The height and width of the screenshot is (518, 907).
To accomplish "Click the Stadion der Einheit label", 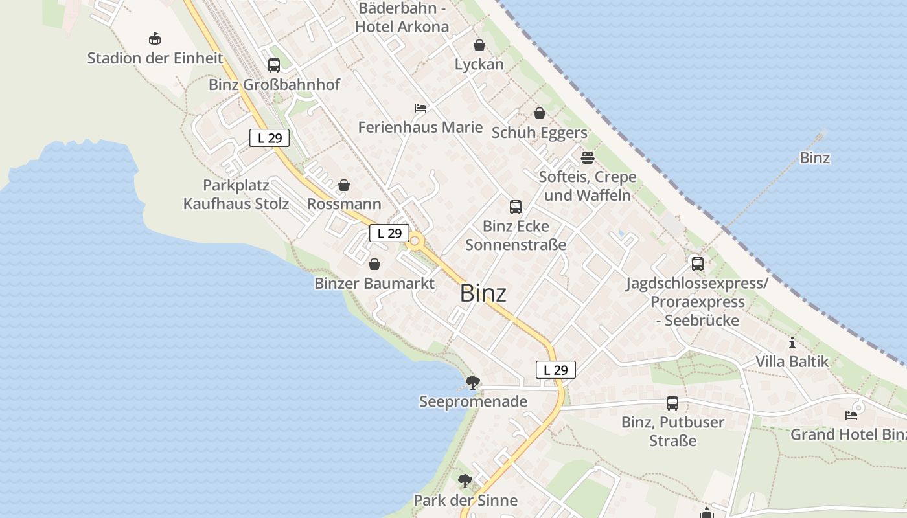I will tap(155, 58).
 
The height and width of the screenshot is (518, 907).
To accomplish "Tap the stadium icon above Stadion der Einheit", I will tap(155, 39).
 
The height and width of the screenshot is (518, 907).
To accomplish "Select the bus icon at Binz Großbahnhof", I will tap(274, 65).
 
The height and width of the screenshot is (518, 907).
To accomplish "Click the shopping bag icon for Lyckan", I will tap(479, 45).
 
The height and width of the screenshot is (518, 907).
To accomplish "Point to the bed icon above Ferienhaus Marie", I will tap(420, 107).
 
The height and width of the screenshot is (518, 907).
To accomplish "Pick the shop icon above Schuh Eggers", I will tap(540, 114).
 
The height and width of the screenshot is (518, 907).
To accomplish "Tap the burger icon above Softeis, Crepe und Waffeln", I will tap(588, 158).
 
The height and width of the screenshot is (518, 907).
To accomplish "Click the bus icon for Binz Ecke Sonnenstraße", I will tap(516, 207).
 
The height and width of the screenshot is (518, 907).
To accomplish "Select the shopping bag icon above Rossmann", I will tap(344, 185).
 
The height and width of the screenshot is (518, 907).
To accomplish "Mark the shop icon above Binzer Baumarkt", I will tap(374, 264).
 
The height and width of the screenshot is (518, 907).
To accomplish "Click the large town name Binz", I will tap(483, 293).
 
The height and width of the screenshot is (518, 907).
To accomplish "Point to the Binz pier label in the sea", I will tap(815, 158).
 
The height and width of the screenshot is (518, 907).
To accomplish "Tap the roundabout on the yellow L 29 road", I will tap(415, 241).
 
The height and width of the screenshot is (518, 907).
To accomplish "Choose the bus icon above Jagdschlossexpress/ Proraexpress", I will tap(698, 264).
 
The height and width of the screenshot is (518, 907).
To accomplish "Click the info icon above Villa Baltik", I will tap(792, 343).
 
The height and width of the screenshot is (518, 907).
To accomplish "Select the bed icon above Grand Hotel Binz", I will tap(851, 415).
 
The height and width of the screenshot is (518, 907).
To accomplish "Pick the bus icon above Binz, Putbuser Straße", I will tap(672, 403).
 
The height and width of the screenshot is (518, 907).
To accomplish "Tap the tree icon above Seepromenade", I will tap(473, 382).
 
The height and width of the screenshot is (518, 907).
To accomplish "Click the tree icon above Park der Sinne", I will tap(465, 481).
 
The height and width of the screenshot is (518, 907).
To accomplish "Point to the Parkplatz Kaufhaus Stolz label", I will tap(236, 194).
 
